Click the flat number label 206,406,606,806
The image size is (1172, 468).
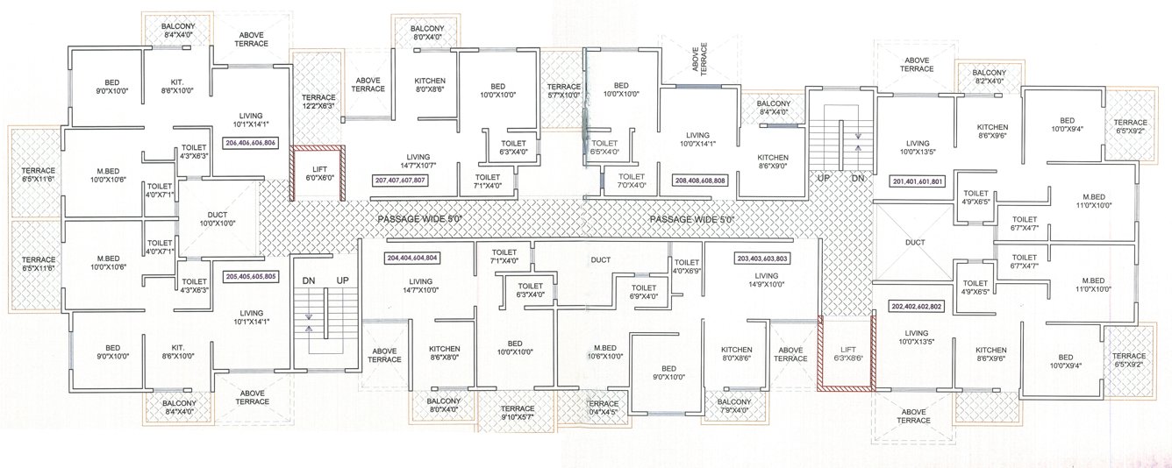click(251, 142)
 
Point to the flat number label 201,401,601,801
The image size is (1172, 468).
click(918, 181)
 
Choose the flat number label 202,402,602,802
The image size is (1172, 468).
click(917, 307)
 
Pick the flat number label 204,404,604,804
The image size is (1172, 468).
click(412, 259)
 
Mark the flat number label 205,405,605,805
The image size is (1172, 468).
click(251, 276)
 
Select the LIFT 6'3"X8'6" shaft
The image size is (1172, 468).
click(847, 352)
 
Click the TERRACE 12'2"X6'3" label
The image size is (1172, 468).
click(319, 101)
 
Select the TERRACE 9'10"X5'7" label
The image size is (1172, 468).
click(518, 413)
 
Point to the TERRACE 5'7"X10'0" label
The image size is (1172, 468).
click(563, 91)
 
